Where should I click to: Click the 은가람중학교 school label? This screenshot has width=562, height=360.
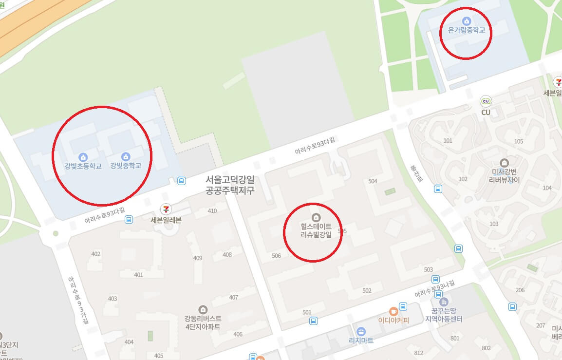[466, 30]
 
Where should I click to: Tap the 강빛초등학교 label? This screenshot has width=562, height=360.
[83, 166]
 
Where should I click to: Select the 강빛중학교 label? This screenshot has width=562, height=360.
[126, 166]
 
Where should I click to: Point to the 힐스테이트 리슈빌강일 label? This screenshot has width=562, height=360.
[316, 231]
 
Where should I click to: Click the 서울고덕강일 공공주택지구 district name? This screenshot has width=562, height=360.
[230, 185]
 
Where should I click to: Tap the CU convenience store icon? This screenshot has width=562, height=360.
[486, 101]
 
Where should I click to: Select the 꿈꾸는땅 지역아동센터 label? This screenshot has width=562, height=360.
[443, 314]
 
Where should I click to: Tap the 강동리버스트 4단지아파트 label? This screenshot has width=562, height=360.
[203, 322]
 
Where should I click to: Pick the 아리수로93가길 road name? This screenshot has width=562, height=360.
[78, 299]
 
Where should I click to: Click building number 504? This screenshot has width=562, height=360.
[373, 181]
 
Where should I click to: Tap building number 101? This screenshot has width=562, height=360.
[448, 141]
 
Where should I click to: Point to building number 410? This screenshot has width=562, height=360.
[212, 211]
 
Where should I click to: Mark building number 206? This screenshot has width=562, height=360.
[520, 290]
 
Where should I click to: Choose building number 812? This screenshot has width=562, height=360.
[418, 353]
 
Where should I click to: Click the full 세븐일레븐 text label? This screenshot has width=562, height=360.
[166, 220]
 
